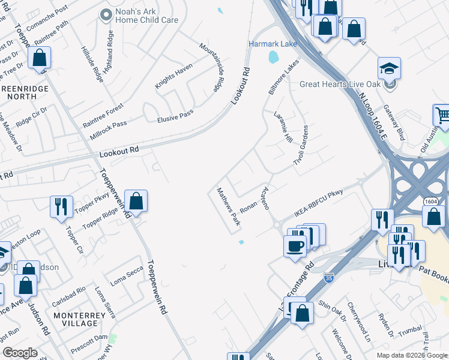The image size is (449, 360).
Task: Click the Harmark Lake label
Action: click(x=273, y=44)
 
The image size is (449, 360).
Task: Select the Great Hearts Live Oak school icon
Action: click(x=389, y=68)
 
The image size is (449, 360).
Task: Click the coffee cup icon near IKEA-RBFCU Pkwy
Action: click(x=295, y=245)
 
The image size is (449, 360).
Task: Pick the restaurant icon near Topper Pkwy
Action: click(x=61, y=207)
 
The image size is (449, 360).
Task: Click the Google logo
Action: click(x=20, y=353)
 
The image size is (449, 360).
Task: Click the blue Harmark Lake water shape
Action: click(x=274, y=58)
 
